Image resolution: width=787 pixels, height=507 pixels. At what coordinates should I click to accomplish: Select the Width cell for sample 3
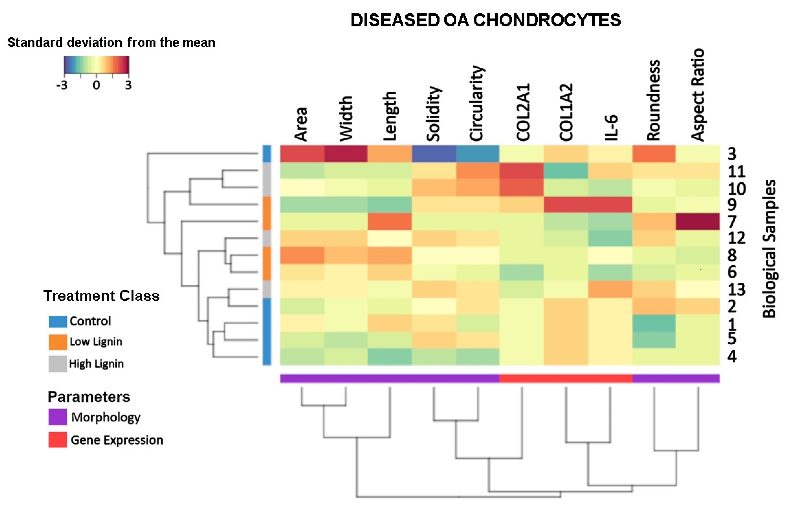(x=346, y=154)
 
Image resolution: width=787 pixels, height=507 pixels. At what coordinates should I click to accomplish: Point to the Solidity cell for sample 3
(x=434, y=154)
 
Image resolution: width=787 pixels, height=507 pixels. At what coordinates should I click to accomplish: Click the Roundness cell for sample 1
(x=654, y=323)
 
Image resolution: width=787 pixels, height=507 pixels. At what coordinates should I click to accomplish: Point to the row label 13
(x=736, y=289)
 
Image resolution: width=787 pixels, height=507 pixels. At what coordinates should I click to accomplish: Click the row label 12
(x=736, y=238)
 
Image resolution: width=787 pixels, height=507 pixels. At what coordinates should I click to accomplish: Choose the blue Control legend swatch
(x=58, y=321)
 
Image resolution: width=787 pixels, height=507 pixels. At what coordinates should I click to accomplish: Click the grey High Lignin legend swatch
(x=58, y=364)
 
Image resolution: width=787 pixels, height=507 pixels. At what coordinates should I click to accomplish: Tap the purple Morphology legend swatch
(x=58, y=417)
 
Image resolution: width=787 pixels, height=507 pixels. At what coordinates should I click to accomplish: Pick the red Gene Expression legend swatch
(x=58, y=440)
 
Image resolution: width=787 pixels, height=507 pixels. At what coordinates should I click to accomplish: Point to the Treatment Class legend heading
(x=101, y=296)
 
